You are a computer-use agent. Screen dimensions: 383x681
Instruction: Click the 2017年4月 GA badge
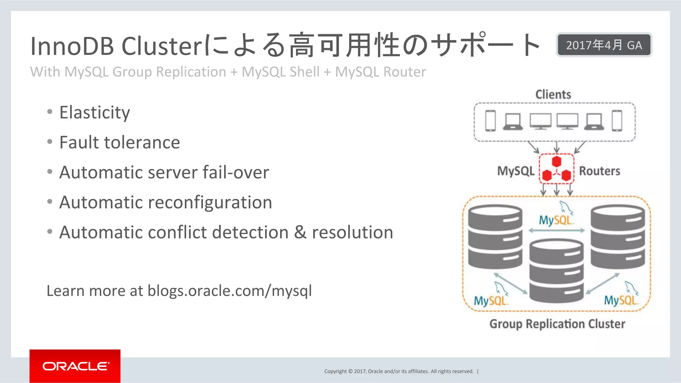[604, 45]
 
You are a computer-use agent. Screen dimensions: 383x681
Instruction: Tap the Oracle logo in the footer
[75, 366]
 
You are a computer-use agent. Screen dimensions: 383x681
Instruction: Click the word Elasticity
[95, 112]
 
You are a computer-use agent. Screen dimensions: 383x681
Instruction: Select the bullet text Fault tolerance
[120, 143]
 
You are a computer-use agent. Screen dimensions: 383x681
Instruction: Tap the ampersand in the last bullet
[300, 232]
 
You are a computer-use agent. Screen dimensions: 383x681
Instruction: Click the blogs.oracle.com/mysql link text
[229, 291]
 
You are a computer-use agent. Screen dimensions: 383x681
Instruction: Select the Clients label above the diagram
[553, 94]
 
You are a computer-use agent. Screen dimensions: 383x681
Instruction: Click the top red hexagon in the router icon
[557, 162]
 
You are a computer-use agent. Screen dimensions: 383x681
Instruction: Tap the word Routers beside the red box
[600, 171]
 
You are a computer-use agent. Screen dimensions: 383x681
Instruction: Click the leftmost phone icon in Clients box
[490, 121]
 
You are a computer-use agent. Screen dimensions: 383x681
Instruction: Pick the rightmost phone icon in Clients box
[617, 121]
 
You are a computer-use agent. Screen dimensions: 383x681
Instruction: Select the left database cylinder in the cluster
[495, 237]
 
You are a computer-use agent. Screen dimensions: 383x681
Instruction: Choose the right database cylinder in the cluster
[617, 237]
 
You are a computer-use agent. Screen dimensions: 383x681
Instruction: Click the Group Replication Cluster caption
[557, 324]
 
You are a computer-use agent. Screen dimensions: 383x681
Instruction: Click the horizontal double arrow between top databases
[556, 230]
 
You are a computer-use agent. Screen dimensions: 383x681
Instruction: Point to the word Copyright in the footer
[335, 371]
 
